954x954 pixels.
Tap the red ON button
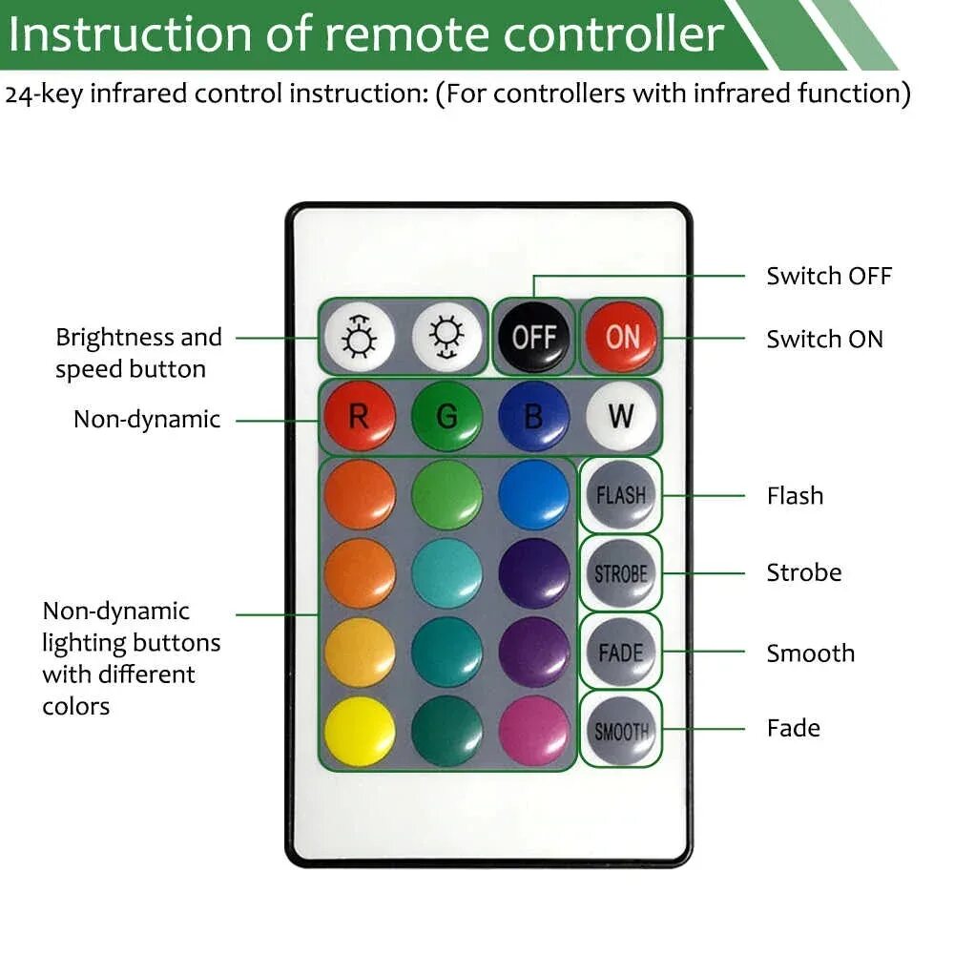pyautogui.click(x=621, y=337)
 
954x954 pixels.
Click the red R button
pyautogui.click(x=359, y=416)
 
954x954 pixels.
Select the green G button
pyautogui.click(x=446, y=416)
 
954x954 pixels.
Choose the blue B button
pyautogui.click(x=533, y=416)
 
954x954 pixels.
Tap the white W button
pyautogui.click(x=621, y=416)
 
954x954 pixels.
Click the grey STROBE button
pyautogui.click(x=621, y=574)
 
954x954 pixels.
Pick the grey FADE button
pyautogui.click(x=621, y=653)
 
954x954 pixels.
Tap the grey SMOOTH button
pyautogui.click(x=621, y=732)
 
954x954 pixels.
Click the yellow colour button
pyautogui.click(x=359, y=732)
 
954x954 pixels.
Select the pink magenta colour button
pyautogui.click(x=533, y=732)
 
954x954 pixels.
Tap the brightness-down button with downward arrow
pyautogui.click(x=446, y=337)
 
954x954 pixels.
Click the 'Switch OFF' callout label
pyautogui.click(x=828, y=277)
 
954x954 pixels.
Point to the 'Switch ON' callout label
pyautogui.click(x=824, y=340)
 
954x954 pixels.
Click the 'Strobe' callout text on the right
pyautogui.click(x=803, y=572)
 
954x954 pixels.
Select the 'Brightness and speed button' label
pyautogui.click(x=138, y=353)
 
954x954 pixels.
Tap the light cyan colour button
pyautogui.click(x=446, y=574)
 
